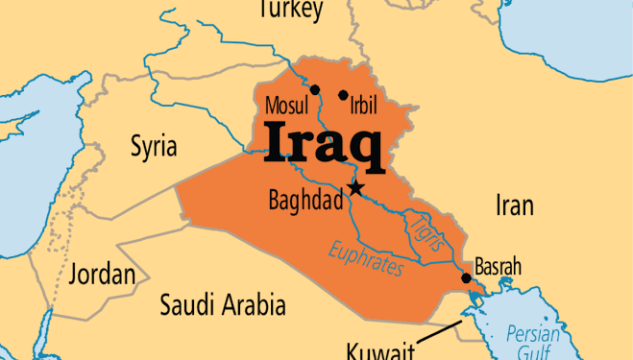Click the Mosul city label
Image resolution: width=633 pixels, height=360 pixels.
[285, 103]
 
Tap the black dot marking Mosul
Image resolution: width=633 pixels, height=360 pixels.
[315, 89]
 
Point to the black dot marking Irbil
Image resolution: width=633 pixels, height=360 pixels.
[343, 95]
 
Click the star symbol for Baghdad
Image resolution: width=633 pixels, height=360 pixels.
[356, 187]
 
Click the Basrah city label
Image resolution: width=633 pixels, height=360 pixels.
[498, 265]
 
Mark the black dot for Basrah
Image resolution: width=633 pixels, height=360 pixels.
[466, 278]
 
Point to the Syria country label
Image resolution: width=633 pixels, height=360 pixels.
[154, 147]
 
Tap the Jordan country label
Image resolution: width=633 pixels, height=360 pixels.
[102, 275]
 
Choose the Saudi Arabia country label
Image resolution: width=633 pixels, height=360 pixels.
[223, 306]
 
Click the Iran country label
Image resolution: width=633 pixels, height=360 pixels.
[514, 204]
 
